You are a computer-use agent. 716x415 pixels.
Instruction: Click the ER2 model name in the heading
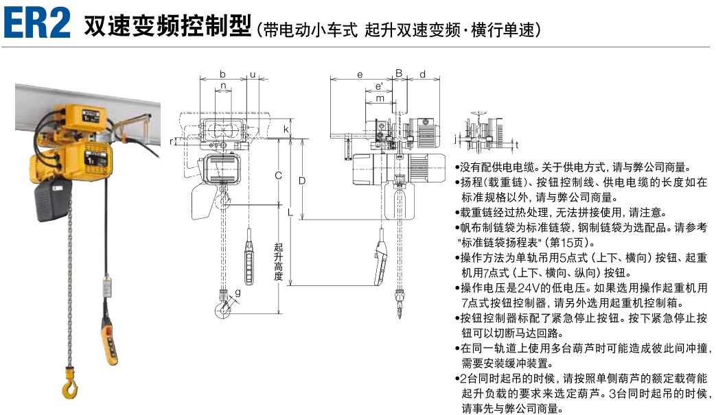coord(37,23)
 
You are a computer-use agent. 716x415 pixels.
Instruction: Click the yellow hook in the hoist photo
coord(70,382)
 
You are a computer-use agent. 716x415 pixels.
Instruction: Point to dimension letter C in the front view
coord(278,176)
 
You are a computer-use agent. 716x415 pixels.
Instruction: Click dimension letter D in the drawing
coord(301,180)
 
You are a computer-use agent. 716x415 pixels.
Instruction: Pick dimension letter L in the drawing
coord(290,213)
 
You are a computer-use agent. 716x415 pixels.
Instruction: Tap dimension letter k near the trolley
coord(286,128)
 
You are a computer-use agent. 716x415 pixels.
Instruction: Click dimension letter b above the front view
coord(222,74)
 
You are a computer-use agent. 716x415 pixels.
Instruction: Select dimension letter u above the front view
coord(253,74)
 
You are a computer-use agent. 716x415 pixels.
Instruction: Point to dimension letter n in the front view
coord(222,87)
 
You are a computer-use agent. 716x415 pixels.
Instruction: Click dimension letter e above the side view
coord(360,74)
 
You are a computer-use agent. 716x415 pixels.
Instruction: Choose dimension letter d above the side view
coord(422,74)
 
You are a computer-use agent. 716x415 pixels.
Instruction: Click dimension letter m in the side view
coord(379,98)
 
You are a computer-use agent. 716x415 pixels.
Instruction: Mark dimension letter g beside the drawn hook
coord(238,293)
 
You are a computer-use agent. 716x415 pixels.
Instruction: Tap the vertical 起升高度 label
coord(278,261)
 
